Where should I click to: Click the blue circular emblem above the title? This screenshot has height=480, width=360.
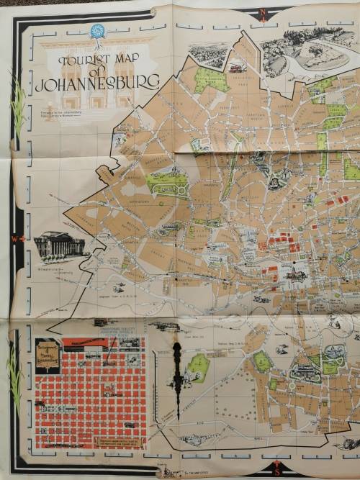(x=95, y=32)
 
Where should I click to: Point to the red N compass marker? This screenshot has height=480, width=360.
(x=264, y=12)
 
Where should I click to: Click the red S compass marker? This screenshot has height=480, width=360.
(x=276, y=471)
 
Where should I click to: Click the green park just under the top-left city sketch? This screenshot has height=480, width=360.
(x=212, y=81)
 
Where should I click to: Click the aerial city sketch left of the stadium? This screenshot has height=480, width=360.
(x=210, y=55)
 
